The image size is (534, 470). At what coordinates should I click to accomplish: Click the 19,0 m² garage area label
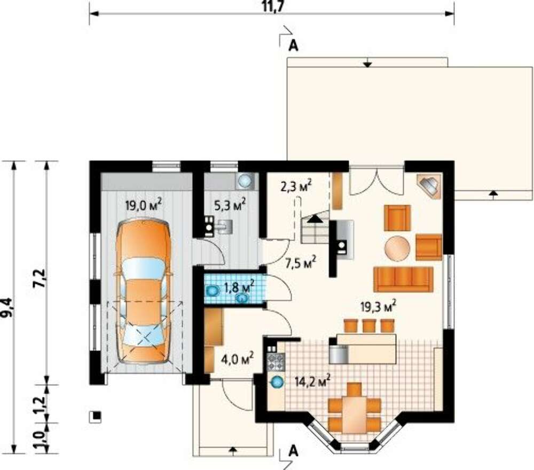143,205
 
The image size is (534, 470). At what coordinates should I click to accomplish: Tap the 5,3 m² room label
230,205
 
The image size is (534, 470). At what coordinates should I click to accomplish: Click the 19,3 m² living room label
379,306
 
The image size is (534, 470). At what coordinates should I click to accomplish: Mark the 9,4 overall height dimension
7,307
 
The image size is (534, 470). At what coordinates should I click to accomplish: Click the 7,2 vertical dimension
40,278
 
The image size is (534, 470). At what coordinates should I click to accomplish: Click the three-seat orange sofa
404,280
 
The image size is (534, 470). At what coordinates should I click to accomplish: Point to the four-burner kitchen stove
276,362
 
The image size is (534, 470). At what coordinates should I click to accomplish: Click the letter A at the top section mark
293,45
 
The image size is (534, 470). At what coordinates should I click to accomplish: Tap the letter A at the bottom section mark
293,451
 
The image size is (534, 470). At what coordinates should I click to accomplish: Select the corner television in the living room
429,186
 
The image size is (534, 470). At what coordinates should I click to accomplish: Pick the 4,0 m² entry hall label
237,359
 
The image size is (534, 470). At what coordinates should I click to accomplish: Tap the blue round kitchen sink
277,383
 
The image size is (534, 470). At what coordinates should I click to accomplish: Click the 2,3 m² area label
296,187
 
